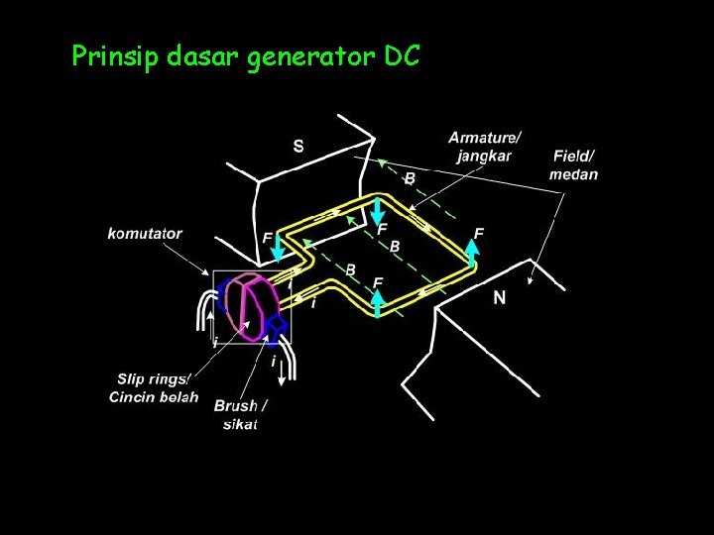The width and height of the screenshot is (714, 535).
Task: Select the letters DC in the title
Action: coord(401,56)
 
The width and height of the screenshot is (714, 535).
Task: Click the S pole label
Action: coord(298,146)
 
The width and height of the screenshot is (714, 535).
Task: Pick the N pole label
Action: coord(500,297)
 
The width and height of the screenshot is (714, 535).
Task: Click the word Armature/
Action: coord(485,137)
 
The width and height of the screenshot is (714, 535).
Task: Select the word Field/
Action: coord(574,157)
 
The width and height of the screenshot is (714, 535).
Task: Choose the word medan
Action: coord(574,173)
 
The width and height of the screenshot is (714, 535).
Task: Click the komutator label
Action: coord(145,234)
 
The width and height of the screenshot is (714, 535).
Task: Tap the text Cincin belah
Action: coord(154,396)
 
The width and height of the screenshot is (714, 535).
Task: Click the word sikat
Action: coord(241,424)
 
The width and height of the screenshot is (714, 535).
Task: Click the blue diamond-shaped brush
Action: coord(277,323)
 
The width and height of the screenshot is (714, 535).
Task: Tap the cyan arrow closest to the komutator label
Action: coord(279,250)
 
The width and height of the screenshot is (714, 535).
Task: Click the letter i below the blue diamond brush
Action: coord(273,363)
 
